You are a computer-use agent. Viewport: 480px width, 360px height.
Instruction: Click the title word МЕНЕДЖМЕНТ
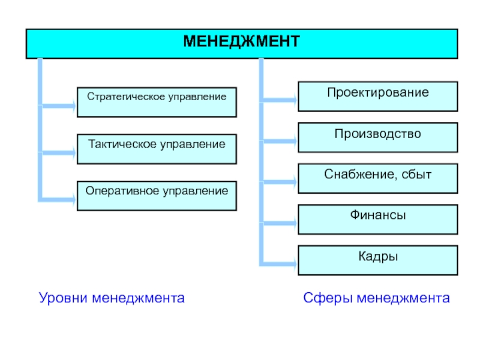[241, 43]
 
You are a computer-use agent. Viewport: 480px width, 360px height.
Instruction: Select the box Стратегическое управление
[157, 102]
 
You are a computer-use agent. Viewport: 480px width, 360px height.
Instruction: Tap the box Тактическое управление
[157, 149]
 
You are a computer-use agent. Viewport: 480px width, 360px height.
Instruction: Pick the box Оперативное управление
[157, 196]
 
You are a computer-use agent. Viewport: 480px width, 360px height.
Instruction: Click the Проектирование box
[378, 97]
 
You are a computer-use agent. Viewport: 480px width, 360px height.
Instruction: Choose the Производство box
[378, 137]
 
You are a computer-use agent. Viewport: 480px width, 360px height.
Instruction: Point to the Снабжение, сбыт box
[378, 178]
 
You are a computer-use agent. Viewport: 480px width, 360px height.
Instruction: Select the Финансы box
[378, 219]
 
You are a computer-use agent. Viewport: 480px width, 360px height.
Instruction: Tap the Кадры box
[378, 260]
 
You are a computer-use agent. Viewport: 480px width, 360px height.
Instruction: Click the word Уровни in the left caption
[63, 298]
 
